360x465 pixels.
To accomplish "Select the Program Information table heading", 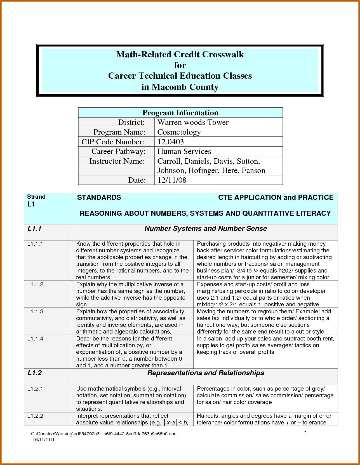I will [x=180, y=112].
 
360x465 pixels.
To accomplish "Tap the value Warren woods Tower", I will [x=193, y=122].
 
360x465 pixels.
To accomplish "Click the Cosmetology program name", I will [x=179, y=132].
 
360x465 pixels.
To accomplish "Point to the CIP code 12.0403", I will [x=171, y=142].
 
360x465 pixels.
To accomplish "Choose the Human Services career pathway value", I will [x=184, y=151].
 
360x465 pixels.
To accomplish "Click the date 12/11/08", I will [x=172, y=180].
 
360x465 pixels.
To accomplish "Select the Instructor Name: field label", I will [x=117, y=161].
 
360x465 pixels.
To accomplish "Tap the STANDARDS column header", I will [x=99, y=198].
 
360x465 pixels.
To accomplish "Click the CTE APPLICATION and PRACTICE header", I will [x=276, y=198].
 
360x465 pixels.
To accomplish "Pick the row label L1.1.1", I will [x=35, y=244].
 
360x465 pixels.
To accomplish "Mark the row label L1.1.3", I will [x=35, y=311].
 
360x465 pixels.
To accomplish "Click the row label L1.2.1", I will [x=35, y=389].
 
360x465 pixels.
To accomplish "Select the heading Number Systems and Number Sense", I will [x=206, y=229].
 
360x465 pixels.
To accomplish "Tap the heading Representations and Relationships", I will [x=206, y=373].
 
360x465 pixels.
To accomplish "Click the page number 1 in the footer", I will [x=306, y=433].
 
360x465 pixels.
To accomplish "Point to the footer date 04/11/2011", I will [x=44, y=440].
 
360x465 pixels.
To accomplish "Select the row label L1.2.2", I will [x=35, y=416].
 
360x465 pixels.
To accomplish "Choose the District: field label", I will [x=131, y=122].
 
